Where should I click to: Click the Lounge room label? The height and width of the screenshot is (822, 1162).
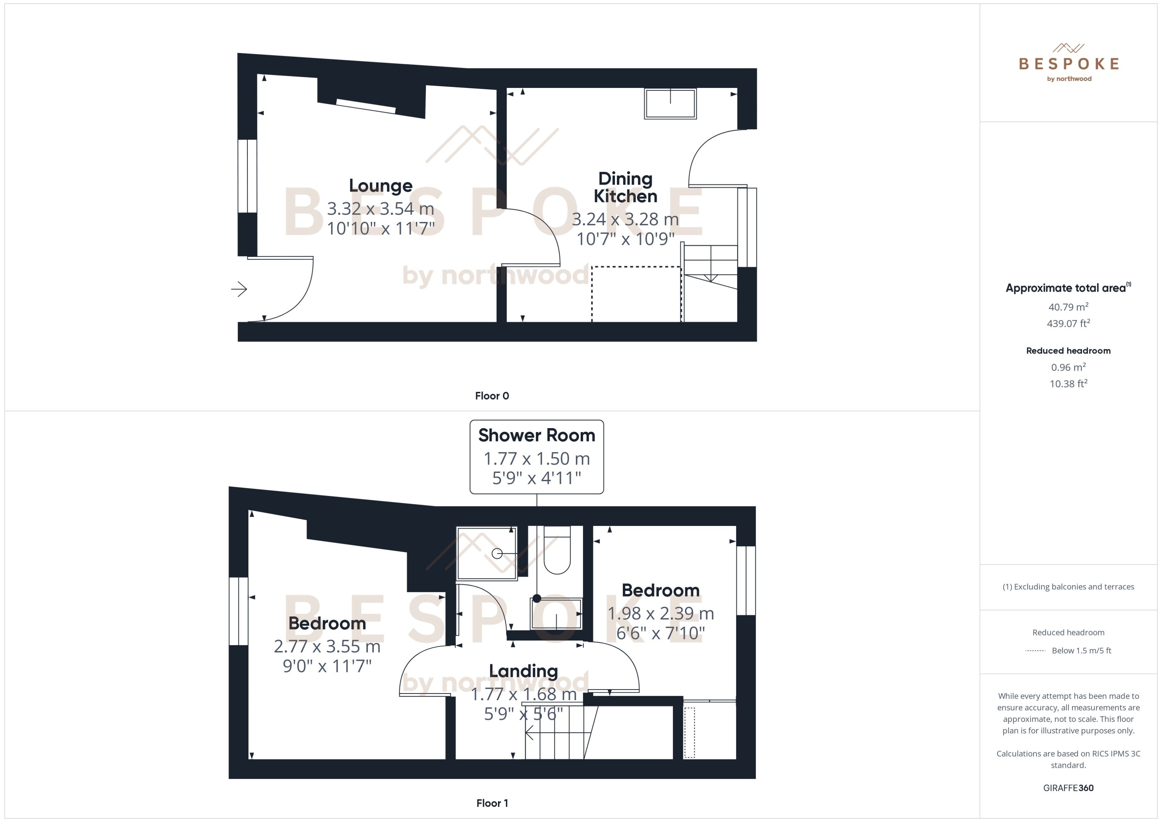coord(380,186)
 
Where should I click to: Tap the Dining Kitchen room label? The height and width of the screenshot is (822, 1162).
coord(625,187)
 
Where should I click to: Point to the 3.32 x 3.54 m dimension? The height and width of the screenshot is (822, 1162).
coord(380,208)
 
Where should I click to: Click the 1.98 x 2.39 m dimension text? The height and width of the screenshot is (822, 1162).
coord(660,614)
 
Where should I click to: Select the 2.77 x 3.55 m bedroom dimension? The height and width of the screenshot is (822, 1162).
coord(327,646)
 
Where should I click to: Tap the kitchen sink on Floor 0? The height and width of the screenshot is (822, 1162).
coord(670,103)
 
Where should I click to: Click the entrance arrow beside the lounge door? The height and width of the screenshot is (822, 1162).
coord(239,289)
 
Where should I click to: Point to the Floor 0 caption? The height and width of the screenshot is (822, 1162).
coord(492,396)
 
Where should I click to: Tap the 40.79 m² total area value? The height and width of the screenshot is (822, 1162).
coord(1068,307)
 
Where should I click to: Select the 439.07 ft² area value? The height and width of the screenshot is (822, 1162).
coord(1068,323)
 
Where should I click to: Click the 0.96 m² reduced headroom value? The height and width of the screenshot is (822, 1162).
coord(1068,367)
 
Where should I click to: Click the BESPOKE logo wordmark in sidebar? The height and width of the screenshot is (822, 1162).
coord(1068,64)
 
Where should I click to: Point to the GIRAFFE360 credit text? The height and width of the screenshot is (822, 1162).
coord(1068,788)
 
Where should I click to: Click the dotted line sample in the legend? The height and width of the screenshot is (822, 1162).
coord(1035,651)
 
